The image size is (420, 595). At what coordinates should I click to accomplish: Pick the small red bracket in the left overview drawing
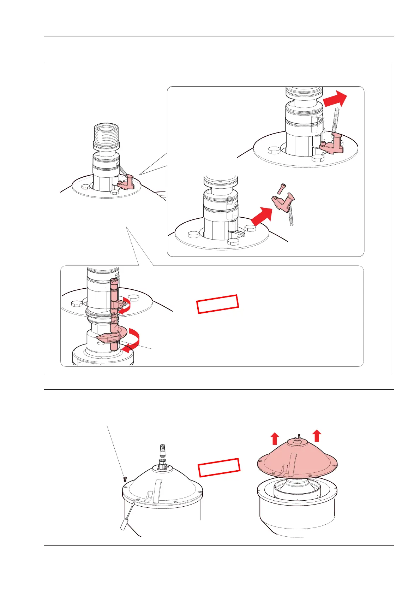point(126,182)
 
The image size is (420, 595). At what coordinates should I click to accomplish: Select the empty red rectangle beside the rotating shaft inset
point(218,304)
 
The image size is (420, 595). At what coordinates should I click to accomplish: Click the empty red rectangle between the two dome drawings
point(219,467)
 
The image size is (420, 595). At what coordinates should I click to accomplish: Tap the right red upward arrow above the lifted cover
point(317,435)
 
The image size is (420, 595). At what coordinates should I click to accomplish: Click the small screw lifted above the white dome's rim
point(124,479)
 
